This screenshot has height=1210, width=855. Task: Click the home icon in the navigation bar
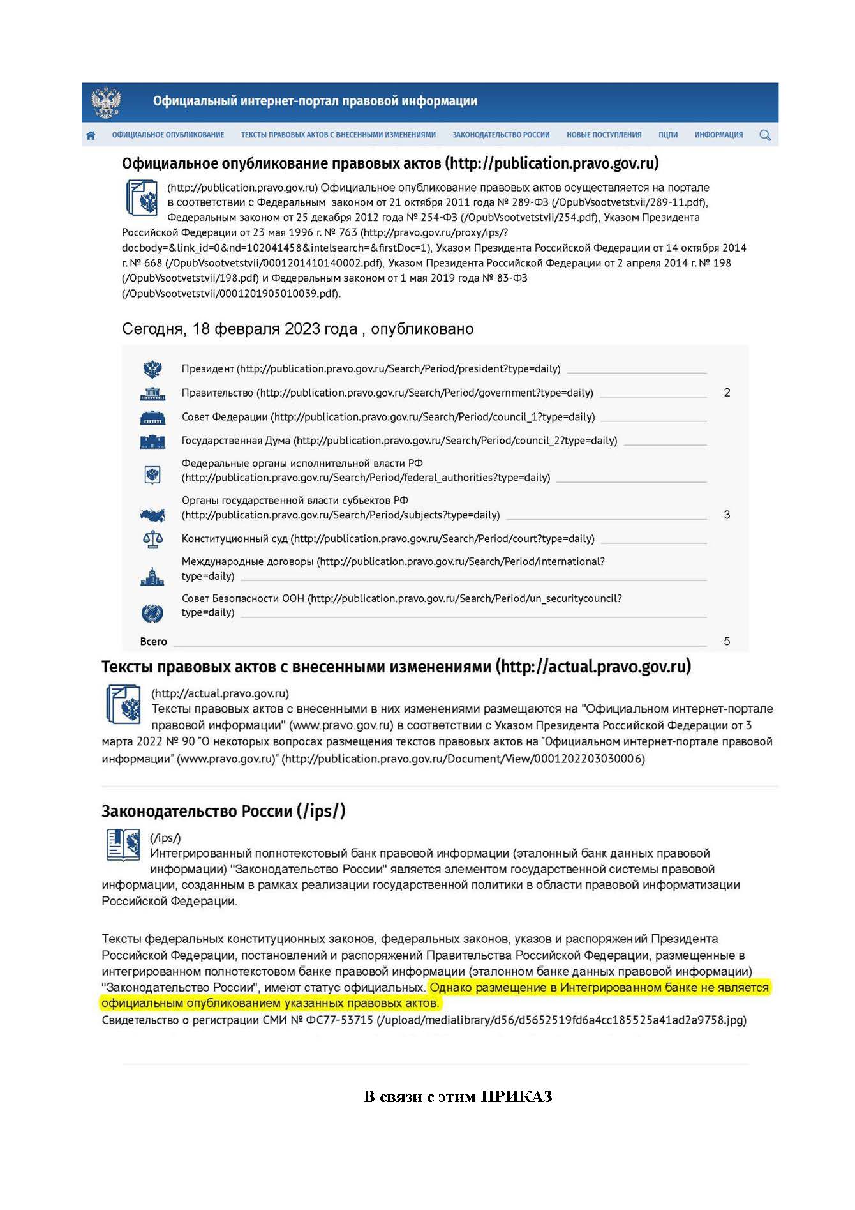click(x=91, y=135)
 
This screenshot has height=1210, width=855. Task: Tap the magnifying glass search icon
click(x=765, y=135)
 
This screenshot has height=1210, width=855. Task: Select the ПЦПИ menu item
click(x=667, y=135)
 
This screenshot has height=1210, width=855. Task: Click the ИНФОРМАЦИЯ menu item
click(x=718, y=135)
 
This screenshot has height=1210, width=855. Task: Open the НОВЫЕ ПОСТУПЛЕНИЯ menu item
click(x=604, y=135)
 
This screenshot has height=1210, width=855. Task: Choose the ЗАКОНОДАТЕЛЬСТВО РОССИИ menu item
click(x=501, y=135)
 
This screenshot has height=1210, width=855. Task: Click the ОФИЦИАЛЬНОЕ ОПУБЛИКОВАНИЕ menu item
click(x=168, y=135)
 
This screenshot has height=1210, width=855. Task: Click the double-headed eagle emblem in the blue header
click(x=106, y=102)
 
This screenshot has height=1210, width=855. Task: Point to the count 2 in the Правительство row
click(x=727, y=393)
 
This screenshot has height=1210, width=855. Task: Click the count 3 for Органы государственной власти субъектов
click(x=727, y=515)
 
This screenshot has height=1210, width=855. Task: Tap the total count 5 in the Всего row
click(x=727, y=641)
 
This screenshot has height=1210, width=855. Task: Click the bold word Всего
click(x=153, y=642)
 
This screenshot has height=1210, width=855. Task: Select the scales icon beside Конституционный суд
click(x=152, y=540)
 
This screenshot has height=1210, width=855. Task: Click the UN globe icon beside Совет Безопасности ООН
click(x=152, y=614)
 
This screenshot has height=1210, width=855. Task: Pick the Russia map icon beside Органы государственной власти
click(x=152, y=515)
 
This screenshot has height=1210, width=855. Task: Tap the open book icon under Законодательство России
click(x=123, y=845)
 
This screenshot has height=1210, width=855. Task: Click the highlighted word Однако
click(x=450, y=988)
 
